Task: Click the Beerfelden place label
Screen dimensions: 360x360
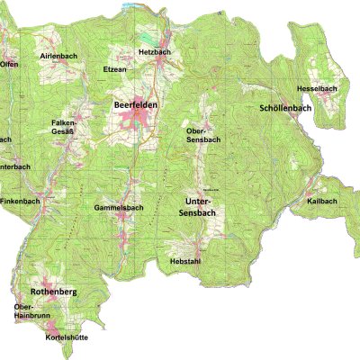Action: point(136,105)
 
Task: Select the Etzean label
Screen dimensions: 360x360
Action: point(114,68)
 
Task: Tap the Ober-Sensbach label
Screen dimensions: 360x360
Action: point(202,136)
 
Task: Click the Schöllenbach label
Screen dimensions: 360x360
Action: point(284,108)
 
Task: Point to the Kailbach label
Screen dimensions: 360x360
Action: point(321,201)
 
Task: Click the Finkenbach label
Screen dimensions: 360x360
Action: point(20,200)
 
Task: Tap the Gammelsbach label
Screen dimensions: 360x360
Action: point(119,208)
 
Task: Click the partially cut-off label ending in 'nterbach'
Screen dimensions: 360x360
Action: point(15,166)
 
